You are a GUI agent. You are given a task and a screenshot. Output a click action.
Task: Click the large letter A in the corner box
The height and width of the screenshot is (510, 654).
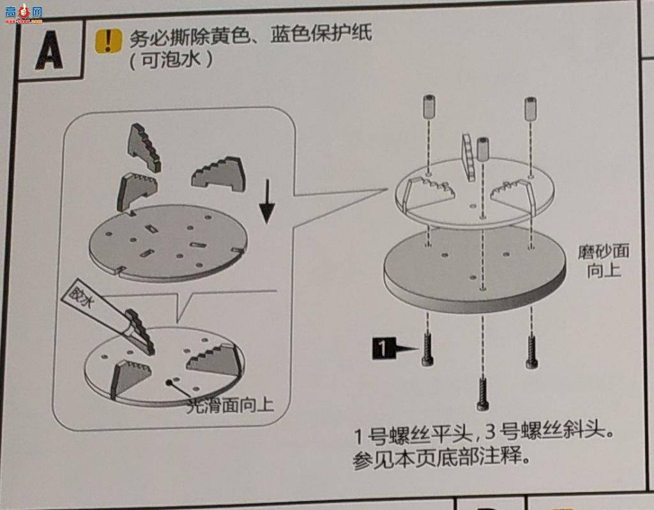coord(49,52)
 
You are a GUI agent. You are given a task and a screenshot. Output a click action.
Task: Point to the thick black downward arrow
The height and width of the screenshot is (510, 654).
coord(268,204)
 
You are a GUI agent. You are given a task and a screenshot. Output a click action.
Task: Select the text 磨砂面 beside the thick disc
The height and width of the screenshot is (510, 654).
coord(603,251)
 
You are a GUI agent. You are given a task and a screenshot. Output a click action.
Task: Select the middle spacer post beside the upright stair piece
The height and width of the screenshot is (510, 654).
coord(482,149)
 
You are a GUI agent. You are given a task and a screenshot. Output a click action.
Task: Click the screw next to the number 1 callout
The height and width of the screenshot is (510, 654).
coord(427,349)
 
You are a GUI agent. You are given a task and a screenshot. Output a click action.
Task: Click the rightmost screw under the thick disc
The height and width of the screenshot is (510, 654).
coord(531,352)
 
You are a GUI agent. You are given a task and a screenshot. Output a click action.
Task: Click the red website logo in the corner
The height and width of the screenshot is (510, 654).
coord(23,12)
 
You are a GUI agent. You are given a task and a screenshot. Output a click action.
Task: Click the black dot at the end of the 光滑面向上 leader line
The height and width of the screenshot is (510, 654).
coord(171,383)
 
